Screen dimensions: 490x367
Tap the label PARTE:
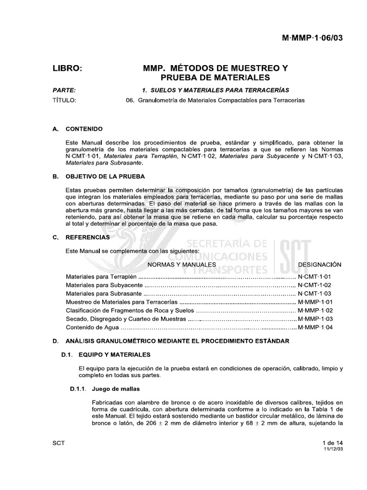pos(64,90)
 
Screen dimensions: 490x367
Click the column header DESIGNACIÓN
pos(320,265)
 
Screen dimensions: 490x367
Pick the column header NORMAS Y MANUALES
pos(181,265)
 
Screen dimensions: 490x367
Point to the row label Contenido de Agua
pos(91,328)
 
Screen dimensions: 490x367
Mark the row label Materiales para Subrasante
pos(103,294)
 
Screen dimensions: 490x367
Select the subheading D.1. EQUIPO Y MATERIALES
pos(106,355)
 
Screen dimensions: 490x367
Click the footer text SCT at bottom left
pos(58,443)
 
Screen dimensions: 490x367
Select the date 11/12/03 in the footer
pos(334,450)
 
